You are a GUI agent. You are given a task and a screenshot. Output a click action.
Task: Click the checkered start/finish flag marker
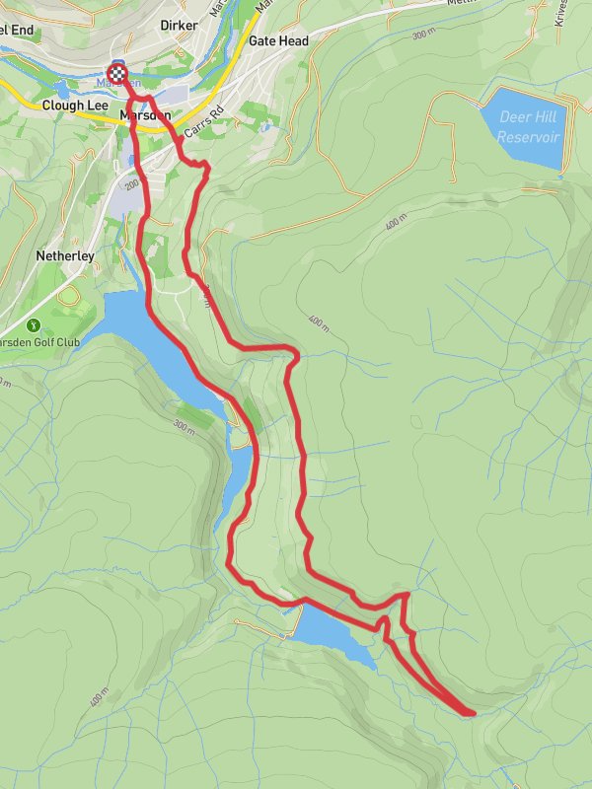117,72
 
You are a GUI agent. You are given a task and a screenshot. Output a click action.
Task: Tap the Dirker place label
179,25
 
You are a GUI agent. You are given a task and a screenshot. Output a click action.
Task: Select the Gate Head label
278,41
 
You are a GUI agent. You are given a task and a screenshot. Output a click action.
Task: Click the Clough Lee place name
74,105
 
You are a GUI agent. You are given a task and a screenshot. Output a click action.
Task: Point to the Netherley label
65,255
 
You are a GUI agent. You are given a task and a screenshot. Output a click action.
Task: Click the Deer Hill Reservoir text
529,127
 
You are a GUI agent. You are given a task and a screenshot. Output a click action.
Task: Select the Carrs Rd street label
209,121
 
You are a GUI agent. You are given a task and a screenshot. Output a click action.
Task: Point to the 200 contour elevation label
130,184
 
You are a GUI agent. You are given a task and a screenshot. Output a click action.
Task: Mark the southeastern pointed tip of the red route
473,711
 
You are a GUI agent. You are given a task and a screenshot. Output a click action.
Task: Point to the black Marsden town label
144,115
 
